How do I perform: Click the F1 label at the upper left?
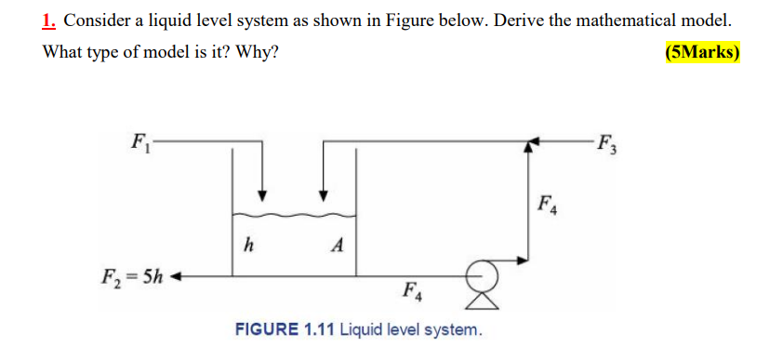[140, 143]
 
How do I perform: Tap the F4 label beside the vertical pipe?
[549, 203]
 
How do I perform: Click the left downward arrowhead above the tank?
[263, 195]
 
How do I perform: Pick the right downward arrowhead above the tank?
[324, 195]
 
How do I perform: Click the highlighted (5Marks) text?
[702, 53]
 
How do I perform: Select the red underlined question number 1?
[49, 20]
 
